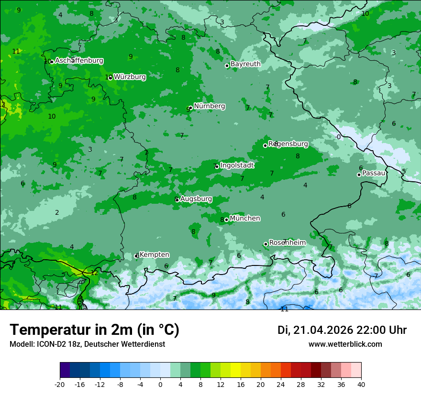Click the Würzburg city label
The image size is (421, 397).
130,77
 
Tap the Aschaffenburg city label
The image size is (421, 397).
79,61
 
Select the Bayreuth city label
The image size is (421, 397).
245,64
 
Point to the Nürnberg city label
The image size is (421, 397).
209,106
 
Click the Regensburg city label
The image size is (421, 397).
288,143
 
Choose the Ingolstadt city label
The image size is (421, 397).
237,165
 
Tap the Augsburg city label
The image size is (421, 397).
196,198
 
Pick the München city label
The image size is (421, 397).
245,219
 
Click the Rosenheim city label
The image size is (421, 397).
287,243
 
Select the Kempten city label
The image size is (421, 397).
154,255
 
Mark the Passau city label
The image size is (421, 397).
374,173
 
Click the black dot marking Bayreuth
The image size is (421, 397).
227,66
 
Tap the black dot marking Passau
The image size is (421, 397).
359,175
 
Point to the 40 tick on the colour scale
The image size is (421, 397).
361,384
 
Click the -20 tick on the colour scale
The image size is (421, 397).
60,384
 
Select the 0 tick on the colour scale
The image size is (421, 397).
160,384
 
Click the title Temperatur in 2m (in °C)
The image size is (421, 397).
94,330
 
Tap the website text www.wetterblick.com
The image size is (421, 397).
345,344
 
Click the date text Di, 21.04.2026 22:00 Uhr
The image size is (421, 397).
342,330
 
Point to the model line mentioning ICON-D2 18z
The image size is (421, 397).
87,344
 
